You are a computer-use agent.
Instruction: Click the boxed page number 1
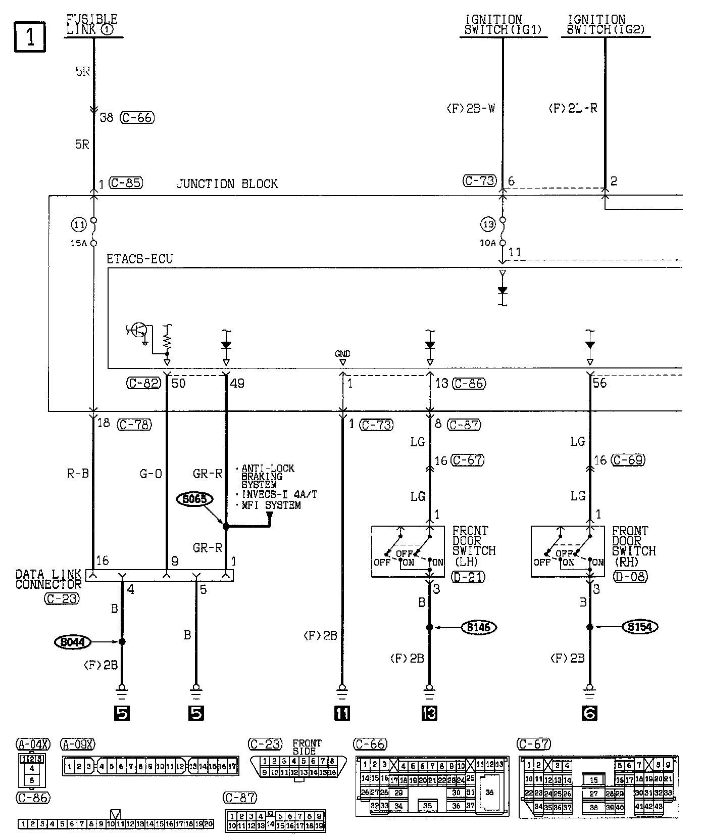point(30,37)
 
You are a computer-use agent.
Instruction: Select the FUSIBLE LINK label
point(92,24)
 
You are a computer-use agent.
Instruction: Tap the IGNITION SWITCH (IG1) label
point(503,25)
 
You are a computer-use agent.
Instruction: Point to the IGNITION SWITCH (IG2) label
point(606,25)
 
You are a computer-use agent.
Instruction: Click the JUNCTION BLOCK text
point(227,183)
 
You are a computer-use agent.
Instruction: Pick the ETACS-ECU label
point(140,259)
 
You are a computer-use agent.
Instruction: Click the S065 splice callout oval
point(194,499)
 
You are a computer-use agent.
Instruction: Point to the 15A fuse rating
point(78,243)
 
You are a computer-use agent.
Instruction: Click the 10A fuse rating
point(487,243)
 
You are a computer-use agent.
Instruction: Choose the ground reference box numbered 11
point(342,713)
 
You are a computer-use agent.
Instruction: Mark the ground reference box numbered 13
point(429,713)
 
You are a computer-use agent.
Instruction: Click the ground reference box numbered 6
point(589,713)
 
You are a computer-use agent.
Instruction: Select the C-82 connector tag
point(143,383)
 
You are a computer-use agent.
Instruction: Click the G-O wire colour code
point(151,474)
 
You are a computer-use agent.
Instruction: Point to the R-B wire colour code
point(78,474)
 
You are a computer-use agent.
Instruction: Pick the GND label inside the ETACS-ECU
point(342,354)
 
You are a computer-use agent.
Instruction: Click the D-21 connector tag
point(469,576)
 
